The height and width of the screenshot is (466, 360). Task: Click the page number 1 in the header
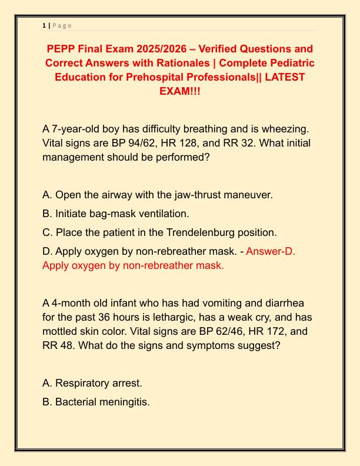tap(44, 25)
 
